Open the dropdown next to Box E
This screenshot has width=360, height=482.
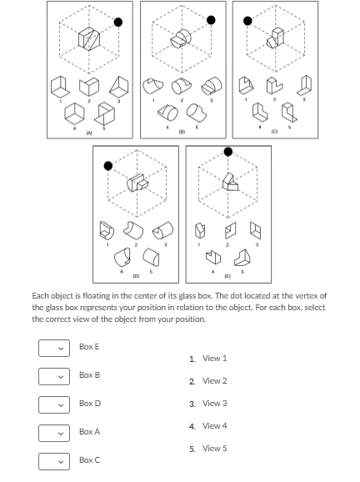pos(52,346)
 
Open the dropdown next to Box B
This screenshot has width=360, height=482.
pos(52,375)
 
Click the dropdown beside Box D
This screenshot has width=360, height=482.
pos(52,404)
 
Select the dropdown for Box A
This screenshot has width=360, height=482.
pos(52,432)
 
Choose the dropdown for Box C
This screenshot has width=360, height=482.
pos(52,460)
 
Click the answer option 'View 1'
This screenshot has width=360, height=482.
pos(207,358)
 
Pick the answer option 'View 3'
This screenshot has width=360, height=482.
pos(207,403)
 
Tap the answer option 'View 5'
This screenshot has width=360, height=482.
pos(207,448)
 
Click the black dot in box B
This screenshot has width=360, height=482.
pos(211,20)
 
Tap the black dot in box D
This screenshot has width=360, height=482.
pos(107,164)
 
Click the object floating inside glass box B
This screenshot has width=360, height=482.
pos(181,40)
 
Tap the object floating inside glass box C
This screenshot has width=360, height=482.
pos(277,39)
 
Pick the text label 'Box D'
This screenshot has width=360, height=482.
pos(89,404)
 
